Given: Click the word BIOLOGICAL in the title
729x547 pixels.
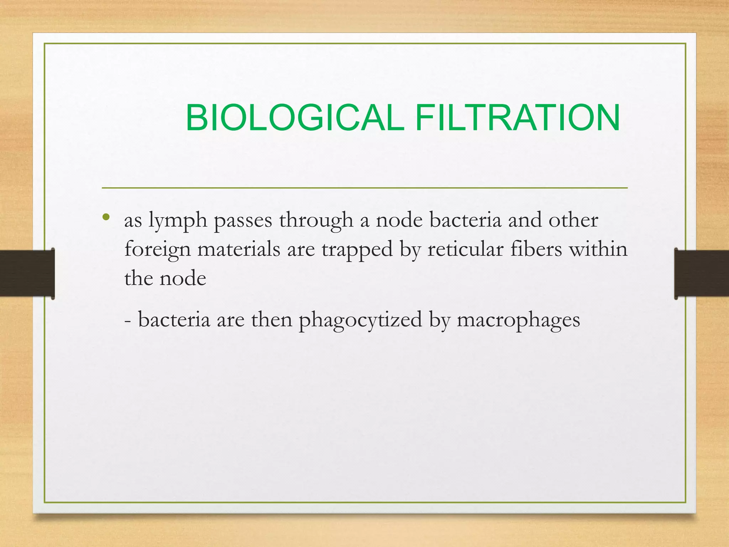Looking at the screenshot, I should [295, 118].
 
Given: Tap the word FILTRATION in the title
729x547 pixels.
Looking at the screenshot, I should [518, 118].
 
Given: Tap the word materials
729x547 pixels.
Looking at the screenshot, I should [239, 249].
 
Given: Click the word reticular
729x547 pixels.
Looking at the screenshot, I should [465, 249].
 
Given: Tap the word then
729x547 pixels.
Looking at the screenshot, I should [272, 319].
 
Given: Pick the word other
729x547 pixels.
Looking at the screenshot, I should [573, 220].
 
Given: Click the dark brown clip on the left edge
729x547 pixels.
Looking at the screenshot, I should [27, 273].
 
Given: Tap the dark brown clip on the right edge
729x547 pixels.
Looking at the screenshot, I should [702, 273].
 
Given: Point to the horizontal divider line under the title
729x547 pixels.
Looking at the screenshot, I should [364, 188].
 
